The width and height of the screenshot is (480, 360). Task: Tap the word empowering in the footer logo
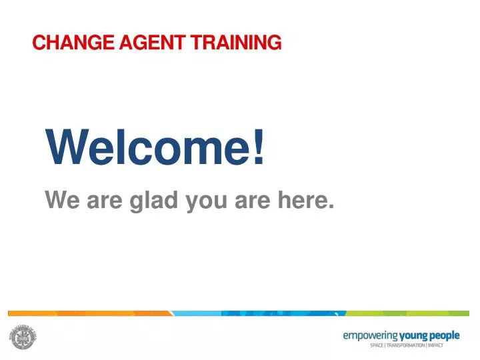click(370, 335)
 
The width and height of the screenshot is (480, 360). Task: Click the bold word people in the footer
click(443, 335)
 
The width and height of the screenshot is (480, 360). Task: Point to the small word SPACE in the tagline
click(377, 345)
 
